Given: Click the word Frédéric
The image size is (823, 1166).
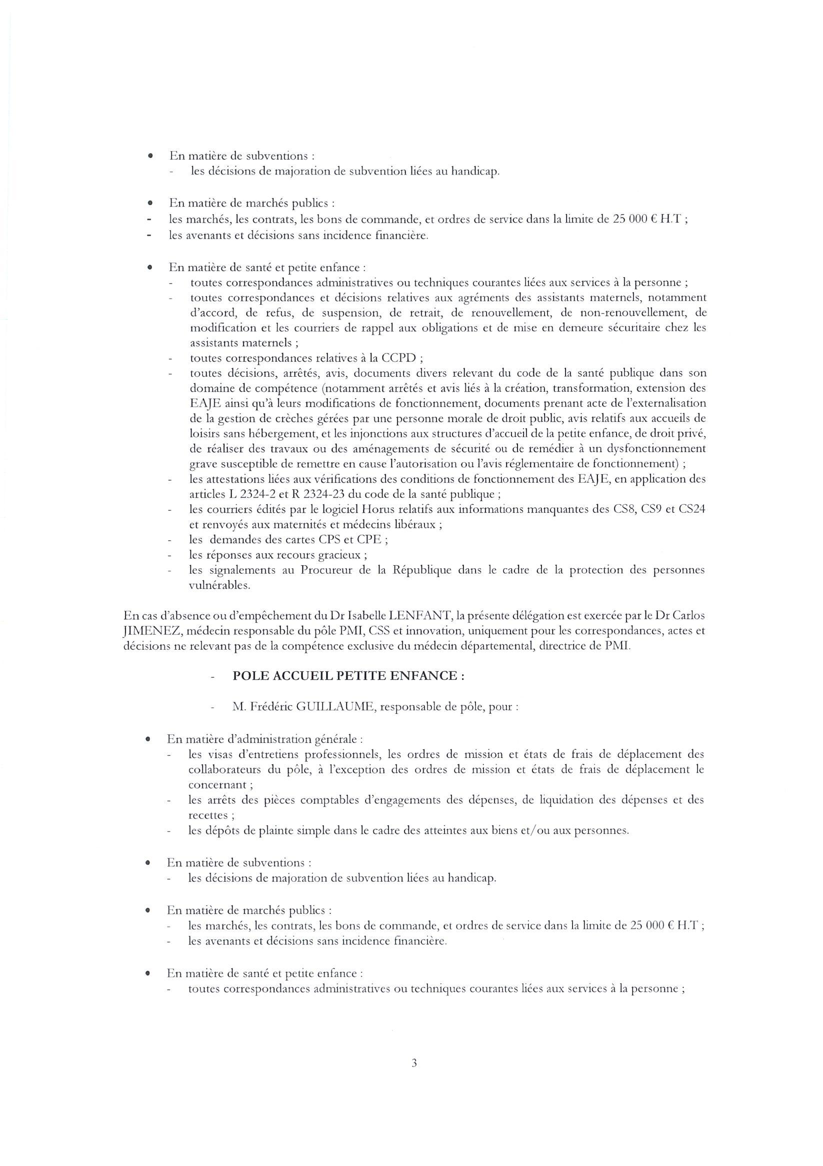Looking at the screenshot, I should click(273, 706).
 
